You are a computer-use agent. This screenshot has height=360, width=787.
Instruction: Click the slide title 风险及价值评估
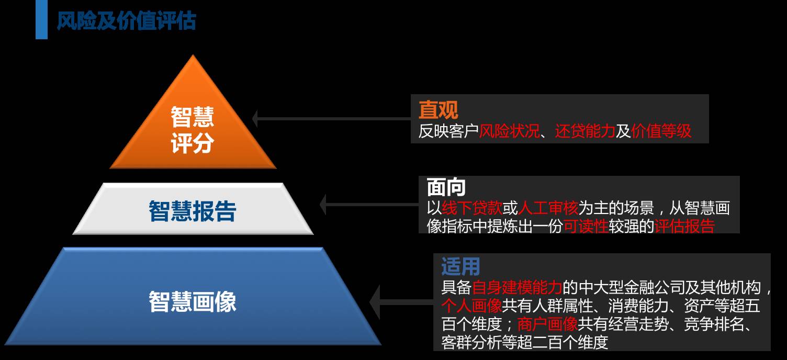pos(127,21)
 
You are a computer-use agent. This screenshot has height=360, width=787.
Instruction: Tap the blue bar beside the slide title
pos(41,20)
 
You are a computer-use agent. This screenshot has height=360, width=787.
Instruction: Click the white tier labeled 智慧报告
pos(193,211)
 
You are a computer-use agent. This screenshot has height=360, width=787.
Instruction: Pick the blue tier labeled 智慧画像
pos(193,301)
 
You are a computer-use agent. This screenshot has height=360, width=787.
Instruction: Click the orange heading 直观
pos(438,110)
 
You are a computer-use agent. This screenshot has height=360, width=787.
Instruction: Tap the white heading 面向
pos(446,187)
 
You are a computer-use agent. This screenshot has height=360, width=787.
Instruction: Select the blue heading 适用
pos(460,266)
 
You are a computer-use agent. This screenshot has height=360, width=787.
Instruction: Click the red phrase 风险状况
pos(509,131)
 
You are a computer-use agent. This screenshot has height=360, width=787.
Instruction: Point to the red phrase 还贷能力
pos(585,131)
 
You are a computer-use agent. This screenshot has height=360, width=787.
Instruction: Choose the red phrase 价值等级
pos(661,131)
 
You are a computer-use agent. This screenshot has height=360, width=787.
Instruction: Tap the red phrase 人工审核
pos(547,208)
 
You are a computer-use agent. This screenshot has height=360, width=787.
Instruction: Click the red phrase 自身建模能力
pos(517,287)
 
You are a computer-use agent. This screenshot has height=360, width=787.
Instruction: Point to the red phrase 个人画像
pos(472,306)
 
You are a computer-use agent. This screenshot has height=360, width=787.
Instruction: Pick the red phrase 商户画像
pos(547,324)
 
